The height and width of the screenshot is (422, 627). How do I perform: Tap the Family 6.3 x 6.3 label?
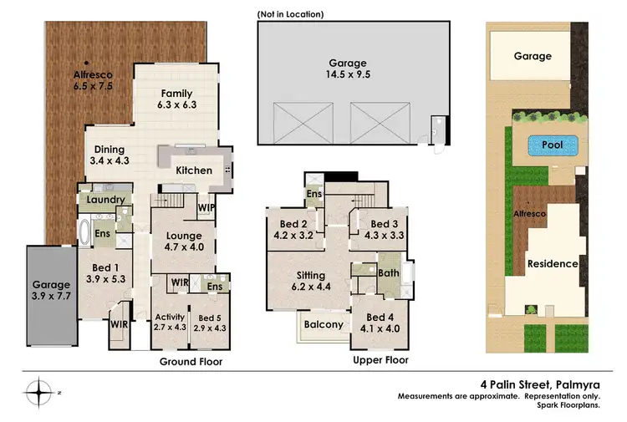(176, 99)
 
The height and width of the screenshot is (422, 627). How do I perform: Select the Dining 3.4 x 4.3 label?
(109, 156)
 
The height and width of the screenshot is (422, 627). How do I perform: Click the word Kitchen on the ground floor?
(192, 170)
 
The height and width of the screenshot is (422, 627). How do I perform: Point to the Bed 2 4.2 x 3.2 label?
(288, 230)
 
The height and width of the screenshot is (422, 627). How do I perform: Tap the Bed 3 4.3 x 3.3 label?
(384, 230)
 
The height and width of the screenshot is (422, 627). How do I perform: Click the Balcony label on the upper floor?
(323, 325)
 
